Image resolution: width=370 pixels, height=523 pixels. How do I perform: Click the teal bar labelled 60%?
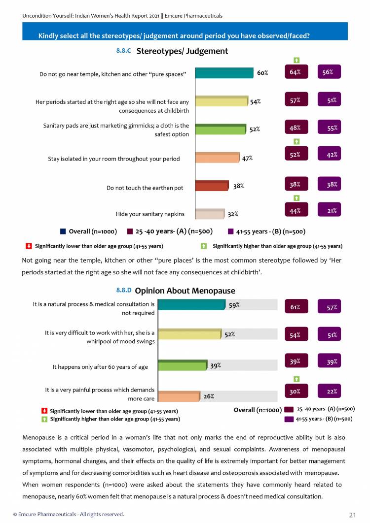[x=224, y=73]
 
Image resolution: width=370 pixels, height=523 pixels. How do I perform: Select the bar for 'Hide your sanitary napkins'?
[x=210, y=214]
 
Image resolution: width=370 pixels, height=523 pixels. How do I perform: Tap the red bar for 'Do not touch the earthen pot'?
[x=212, y=186]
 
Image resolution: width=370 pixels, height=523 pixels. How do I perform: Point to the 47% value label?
[x=247, y=158]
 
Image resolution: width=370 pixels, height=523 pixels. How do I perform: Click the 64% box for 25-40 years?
[x=296, y=72]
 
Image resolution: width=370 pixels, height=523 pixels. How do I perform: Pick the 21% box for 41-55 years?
[x=330, y=211]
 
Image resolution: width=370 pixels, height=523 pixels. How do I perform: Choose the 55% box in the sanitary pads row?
[x=330, y=128]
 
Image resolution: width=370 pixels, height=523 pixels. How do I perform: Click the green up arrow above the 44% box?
[x=296, y=198]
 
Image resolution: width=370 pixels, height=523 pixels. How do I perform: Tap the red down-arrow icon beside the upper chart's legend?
[x=29, y=246]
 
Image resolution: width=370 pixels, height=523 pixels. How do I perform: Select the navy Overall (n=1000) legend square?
[x=63, y=230]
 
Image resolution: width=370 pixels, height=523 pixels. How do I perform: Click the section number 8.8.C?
[x=123, y=50]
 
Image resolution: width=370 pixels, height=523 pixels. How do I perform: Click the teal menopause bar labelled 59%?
[x=191, y=305]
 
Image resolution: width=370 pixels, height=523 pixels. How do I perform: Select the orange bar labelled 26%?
[x=179, y=396]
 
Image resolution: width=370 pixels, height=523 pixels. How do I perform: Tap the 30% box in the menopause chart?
[x=296, y=392]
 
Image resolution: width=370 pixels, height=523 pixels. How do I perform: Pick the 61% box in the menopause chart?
[x=296, y=307]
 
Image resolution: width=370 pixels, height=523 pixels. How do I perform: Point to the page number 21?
[x=352, y=515]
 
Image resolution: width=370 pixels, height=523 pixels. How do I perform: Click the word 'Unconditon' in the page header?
[x=39, y=16]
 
